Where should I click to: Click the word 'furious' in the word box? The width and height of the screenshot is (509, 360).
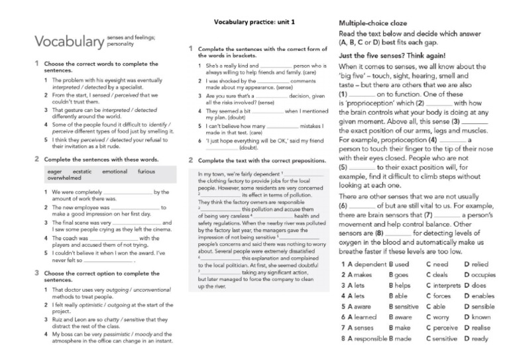(146, 171)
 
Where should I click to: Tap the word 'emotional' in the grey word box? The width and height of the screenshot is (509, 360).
(115, 171)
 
